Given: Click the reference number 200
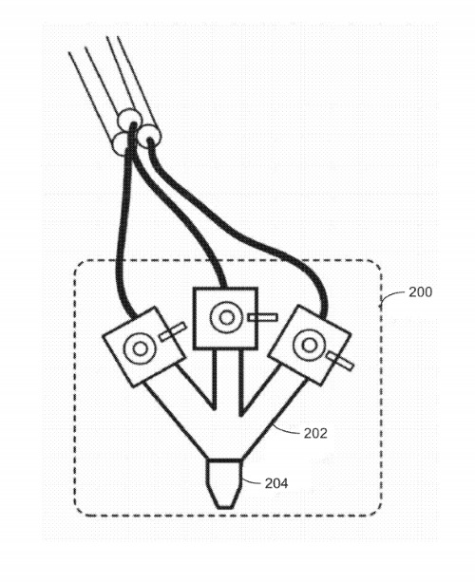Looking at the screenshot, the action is tap(421, 292).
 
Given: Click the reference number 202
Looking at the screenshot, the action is tap(315, 433).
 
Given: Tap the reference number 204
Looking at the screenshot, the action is tap(276, 483).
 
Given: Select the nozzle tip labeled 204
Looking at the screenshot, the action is tap(225, 483).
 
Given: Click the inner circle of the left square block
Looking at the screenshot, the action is tap(140, 348).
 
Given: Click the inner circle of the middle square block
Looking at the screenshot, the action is tap(226, 317).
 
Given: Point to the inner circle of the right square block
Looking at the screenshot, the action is tap(309, 346).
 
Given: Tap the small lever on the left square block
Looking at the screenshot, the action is tap(172, 331).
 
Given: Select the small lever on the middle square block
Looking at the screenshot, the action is tap(262, 317).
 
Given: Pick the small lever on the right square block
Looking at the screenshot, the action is tap(340, 361).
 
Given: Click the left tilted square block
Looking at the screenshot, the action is tap(143, 346).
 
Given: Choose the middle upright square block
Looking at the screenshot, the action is tap(225, 318).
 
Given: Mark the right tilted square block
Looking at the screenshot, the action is tap(310, 346).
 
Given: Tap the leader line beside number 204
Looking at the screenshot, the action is tap(253, 481).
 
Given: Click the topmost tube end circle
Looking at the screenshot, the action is tap(129, 119).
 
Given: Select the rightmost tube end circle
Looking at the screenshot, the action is tap(149, 136).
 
